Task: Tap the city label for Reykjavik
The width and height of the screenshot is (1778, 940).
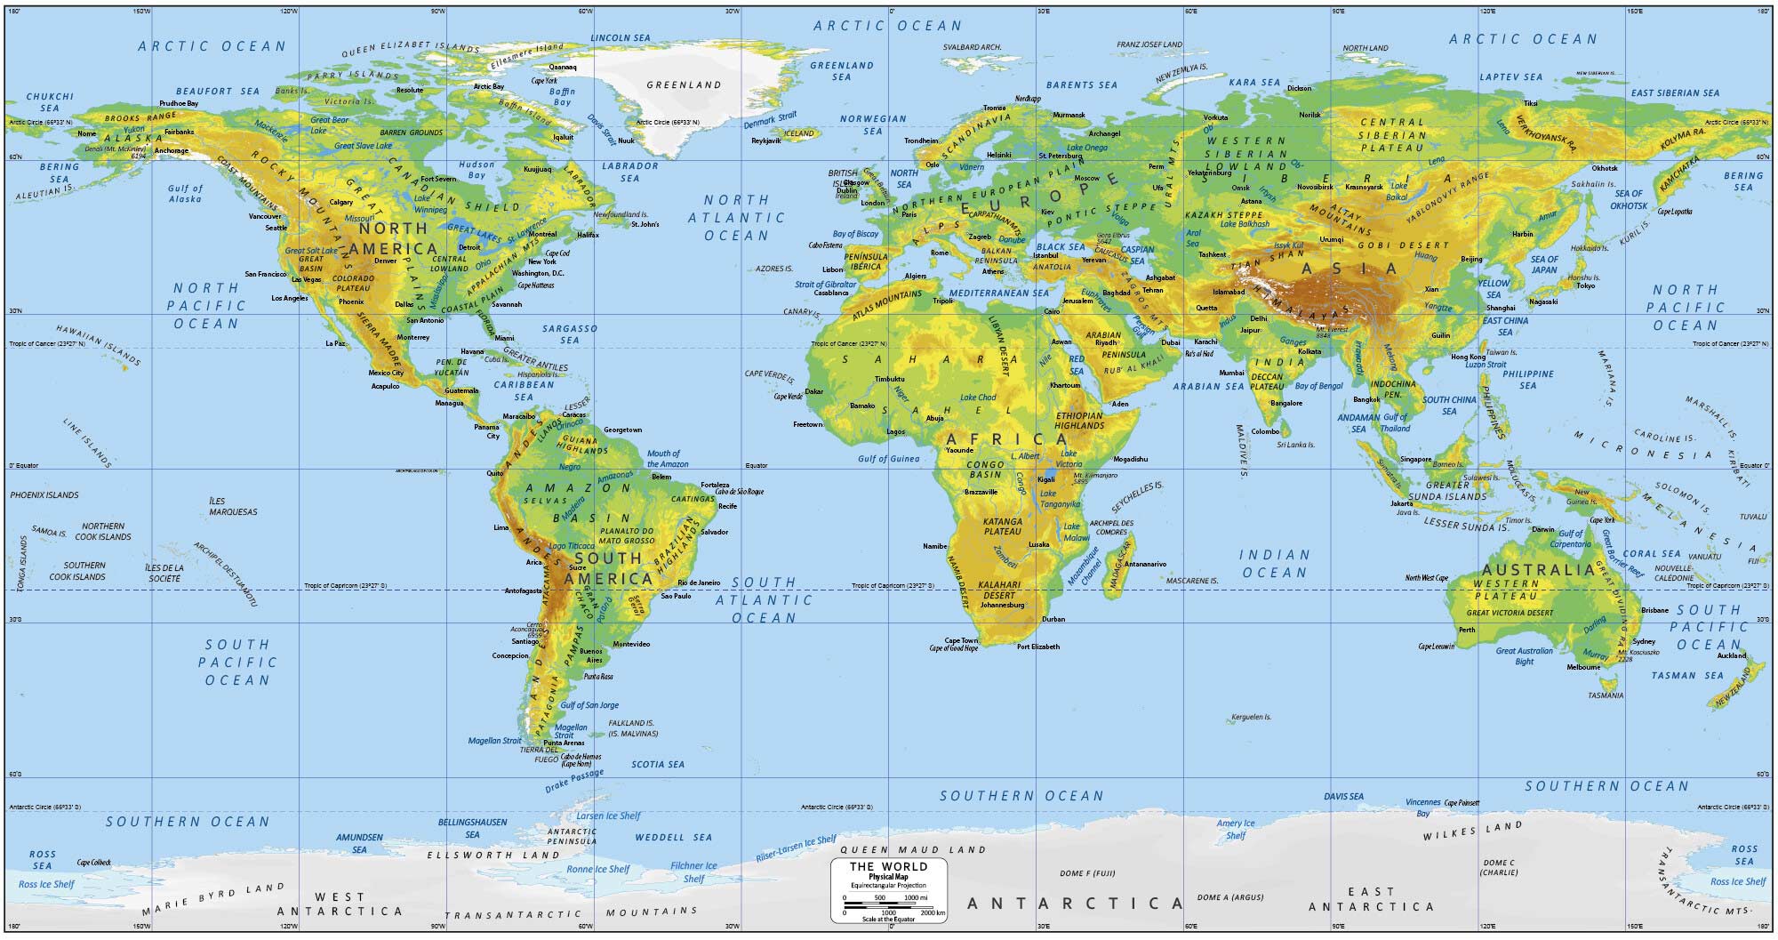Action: (x=765, y=141)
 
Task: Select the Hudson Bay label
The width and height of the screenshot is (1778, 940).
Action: (x=477, y=170)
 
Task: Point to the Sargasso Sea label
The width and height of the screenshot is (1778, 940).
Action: (x=570, y=333)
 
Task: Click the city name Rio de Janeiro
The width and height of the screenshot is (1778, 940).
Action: (x=699, y=582)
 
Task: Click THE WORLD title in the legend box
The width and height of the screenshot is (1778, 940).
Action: (x=888, y=866)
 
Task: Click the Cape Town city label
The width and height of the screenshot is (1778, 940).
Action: (x=960, y=640)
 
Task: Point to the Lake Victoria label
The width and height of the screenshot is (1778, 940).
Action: (x=1068, y=459)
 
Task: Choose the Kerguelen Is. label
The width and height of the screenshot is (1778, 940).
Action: (x=1251, y=717)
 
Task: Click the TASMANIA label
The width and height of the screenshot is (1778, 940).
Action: (x=1605, y=695)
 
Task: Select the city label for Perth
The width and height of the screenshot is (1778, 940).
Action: (x=1467, y=630)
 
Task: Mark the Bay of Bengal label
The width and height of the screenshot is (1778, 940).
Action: (x=1318, y=386)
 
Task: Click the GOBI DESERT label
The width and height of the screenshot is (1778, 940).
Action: (x=1410, y=245)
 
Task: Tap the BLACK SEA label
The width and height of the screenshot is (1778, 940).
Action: (x=1061, y=247)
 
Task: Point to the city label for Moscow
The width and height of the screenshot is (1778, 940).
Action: (x=1086, y=178)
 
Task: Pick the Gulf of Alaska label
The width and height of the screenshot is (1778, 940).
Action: (x=185, y=193)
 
